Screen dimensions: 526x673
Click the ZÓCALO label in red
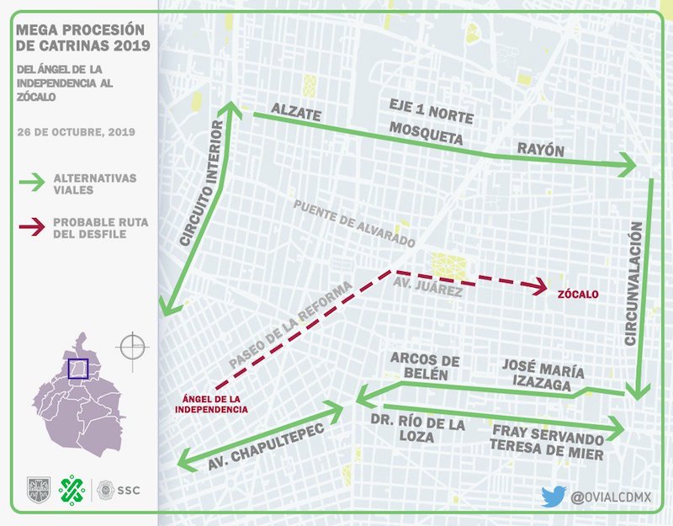click(577, 295)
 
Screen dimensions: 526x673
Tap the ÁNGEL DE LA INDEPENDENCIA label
click(211, 403)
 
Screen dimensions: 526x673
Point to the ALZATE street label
click(295, 110)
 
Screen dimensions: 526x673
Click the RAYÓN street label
click(540, 150)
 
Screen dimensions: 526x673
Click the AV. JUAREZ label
click(427, 290)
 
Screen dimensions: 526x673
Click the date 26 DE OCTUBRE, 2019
click(76, 132)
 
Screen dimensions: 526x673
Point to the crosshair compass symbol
click(133, 346)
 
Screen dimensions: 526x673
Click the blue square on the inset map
click(77, 369)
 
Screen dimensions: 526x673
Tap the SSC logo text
click(128, 489)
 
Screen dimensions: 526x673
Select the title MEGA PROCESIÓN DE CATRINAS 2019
click(82, 37)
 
